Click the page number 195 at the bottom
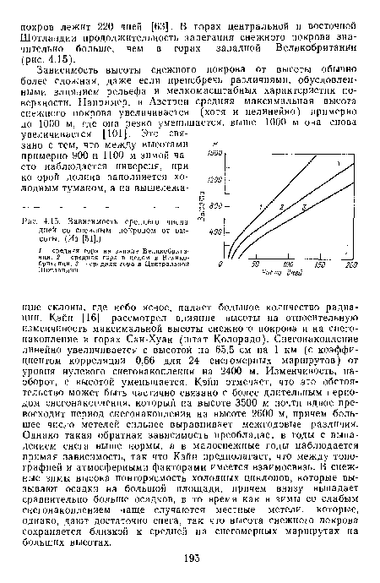point(189,562)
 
